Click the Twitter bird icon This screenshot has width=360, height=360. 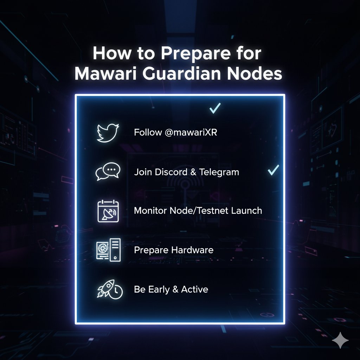point(108,133)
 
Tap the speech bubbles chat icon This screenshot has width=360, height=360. point(108,172)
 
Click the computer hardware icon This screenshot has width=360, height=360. point(108,250)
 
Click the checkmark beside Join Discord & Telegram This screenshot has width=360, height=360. point(273,171)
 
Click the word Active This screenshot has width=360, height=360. point(194,289)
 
